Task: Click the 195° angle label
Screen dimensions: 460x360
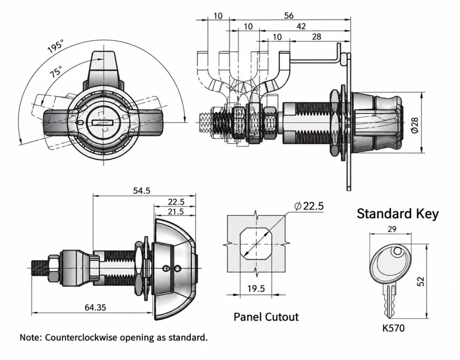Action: point(56,46)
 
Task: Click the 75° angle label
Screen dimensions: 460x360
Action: point(56,71)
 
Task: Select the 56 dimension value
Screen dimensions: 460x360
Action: point(289,16)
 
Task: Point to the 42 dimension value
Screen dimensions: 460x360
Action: point(301,26)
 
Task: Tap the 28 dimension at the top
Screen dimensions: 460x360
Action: point(317,37)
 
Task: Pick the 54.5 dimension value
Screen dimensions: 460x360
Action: point(142,191)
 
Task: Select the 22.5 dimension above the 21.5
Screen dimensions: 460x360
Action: point(176,202)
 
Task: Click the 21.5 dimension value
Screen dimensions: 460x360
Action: point(176,211)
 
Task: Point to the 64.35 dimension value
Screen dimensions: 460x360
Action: point(95,307)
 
